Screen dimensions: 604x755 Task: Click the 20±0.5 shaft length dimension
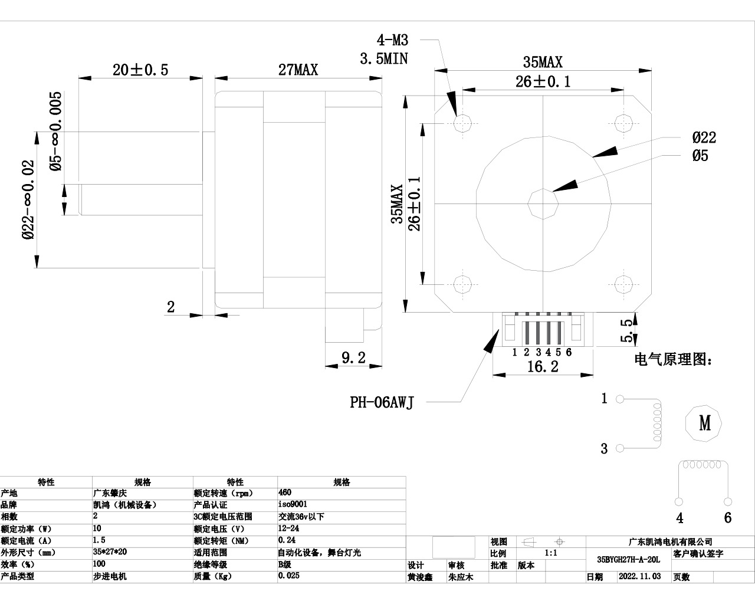click(140, 70)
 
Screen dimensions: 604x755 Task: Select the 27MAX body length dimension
click(298, 70)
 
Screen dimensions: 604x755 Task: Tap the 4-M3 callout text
click(392, 40)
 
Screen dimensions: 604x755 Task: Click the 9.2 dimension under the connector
click(353, 357)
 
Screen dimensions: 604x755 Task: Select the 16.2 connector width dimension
click(542, 367)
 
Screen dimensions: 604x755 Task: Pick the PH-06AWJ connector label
click(382, 402)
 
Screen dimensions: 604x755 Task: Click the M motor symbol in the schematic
click(705, 423)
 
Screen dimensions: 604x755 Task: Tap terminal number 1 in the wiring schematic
click(604, 399)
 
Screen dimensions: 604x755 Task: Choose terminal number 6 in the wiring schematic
click(727, 518)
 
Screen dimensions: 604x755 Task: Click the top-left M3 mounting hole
click(463, 123)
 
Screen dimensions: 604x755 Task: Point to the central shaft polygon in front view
click(542, 203)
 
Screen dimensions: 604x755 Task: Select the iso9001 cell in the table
click(293, 504)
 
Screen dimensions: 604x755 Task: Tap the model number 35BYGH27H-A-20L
click(628, 559)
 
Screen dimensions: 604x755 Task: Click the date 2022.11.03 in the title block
click(639, 577)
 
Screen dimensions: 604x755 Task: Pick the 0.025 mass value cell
click(288, 576)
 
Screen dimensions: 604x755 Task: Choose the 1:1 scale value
click(551, 553)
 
